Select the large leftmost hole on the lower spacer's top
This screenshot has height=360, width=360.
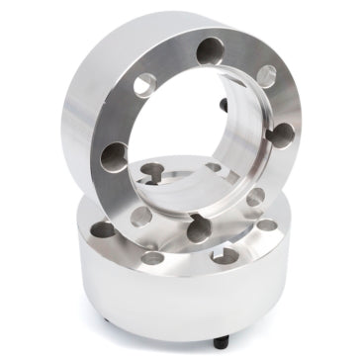[x=100, y=229]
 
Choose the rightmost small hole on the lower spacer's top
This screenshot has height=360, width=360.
[x=268, y=225]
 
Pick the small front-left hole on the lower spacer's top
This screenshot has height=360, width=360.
[x=152, y=257]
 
